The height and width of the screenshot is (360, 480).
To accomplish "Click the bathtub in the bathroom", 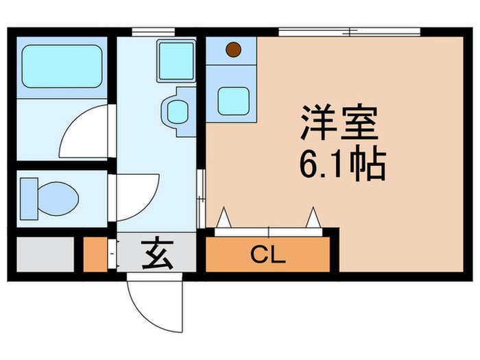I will click(61, 66).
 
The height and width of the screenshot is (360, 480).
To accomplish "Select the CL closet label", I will click(267, 256).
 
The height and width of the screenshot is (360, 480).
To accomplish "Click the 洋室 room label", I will click(338, 124).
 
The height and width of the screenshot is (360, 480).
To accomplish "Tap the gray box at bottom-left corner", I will click(45, 254).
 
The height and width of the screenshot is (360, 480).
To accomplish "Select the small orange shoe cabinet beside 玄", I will click(95, 254).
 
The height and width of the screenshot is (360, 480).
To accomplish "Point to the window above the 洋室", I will click(349, 31).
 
